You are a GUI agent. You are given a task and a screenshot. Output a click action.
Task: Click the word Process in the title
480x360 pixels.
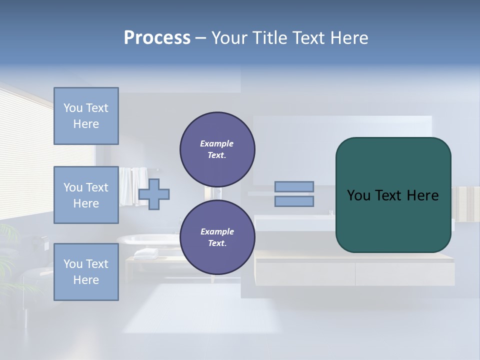pos(157,38)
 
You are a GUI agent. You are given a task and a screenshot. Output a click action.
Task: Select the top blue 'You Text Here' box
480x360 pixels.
pos(86,116)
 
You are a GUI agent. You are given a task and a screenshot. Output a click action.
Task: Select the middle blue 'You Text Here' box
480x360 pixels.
pos(86,195)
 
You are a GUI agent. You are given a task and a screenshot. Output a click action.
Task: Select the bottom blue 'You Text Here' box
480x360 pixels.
pos(86,272)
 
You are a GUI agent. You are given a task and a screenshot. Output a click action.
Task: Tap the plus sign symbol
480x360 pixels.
pos(154,194)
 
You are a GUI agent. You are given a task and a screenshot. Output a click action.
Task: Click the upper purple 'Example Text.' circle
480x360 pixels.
pos(217,149)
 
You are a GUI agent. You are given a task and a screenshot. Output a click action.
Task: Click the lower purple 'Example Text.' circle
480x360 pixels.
pos(217,237)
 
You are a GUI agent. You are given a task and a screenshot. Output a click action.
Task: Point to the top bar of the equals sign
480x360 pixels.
pos(294,187)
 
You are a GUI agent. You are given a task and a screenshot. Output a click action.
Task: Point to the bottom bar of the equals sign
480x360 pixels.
pos(294,201)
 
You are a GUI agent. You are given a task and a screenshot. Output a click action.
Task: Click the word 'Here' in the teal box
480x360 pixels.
pos(423,195)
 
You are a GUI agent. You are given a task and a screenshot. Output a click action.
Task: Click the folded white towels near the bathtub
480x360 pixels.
pos(146,253)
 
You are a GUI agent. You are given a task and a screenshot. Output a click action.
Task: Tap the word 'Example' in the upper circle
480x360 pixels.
pos(217,143)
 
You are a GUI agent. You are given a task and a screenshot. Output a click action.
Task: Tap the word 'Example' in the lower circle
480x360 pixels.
pos(217,231)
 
